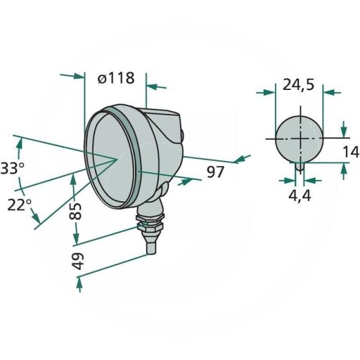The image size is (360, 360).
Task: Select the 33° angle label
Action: point(12,169)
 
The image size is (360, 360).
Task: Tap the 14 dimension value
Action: point(352,151)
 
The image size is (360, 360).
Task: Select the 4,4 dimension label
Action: point(300,195)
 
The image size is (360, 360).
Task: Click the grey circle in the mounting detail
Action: point(299,139)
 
